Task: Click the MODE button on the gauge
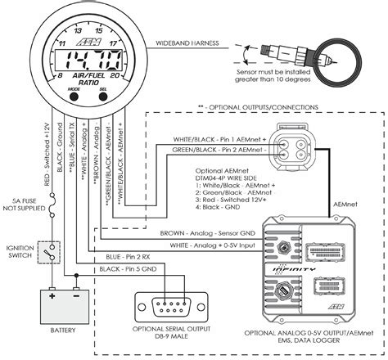click(74, 96)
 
